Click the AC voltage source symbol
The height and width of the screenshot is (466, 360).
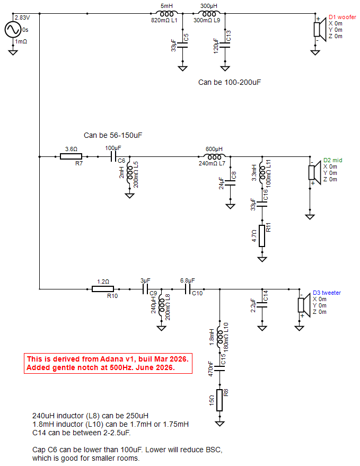[13, 30]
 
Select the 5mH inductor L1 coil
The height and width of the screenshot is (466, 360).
[167, 14]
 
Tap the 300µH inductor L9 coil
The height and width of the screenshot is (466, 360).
[209, 14]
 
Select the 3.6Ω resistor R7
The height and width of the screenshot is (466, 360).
[71, 156]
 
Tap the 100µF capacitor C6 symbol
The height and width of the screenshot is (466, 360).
[113, 156]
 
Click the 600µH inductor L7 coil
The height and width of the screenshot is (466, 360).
[214, 156]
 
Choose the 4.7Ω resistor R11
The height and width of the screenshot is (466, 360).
[262, 236]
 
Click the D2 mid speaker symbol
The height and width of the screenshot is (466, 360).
[314, 173]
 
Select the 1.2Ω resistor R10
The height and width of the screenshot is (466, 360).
[103, 289]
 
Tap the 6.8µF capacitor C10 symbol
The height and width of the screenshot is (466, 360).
[188, 289]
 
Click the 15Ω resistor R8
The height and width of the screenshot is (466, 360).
[219, 400]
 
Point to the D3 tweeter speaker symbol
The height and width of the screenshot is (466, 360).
[303, 305]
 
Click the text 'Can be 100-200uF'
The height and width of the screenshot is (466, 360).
[230, 82]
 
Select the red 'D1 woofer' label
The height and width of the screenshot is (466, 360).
[342, 17]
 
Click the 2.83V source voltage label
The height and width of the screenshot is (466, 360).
[22, 17]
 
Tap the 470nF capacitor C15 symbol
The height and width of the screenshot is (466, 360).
[219, 368]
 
